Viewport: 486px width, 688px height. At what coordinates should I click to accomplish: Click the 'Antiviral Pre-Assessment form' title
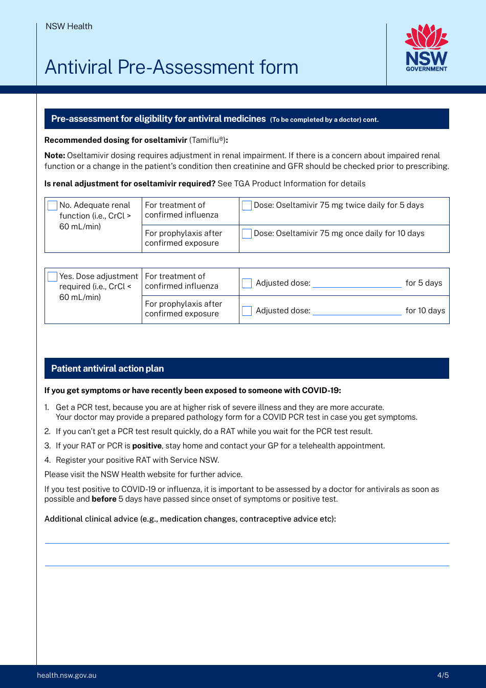click(171, 67)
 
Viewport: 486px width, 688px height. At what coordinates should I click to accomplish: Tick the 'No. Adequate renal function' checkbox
click(52, 205)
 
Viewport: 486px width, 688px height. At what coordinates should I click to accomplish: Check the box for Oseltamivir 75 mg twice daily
click(247, 205)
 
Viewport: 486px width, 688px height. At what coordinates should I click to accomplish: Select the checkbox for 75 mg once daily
click(247, 233)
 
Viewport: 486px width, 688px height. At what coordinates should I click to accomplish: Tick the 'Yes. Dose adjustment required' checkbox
click(52, 276)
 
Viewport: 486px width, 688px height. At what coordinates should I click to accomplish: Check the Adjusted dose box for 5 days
click(247, 283)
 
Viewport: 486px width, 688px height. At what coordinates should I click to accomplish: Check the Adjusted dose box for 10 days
click(247, 311)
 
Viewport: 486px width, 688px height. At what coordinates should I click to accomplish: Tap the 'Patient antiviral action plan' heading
click(107, 369)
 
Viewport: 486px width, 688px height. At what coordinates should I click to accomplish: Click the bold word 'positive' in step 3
click(147, 446)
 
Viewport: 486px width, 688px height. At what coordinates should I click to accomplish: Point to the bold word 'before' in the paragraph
click(104, 499)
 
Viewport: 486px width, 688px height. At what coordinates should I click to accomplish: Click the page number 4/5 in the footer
click(443, 675)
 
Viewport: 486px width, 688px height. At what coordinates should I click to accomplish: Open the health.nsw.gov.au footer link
click(67, 675)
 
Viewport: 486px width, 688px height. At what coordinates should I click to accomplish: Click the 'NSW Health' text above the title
click(69, 27)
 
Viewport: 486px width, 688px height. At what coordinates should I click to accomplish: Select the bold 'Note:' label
click(55, 156)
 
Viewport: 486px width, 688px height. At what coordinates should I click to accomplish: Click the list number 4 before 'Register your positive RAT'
click(47, 460)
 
